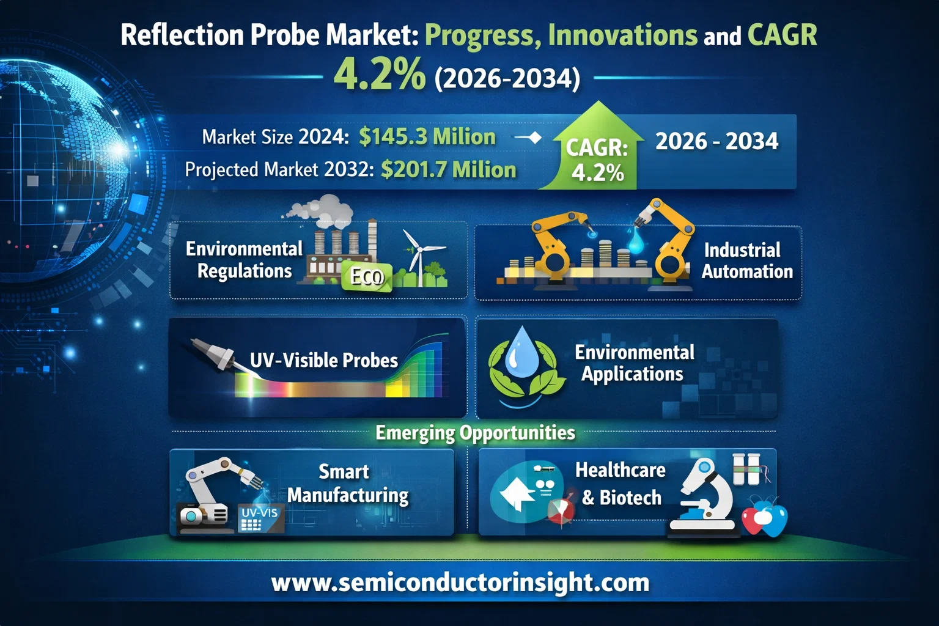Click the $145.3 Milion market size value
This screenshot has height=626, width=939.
coord(427,136)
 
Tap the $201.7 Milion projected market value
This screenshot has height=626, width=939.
coord(448,169)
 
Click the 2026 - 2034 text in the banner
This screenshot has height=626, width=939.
coord(716,141)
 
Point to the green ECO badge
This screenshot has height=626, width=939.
coord(366,277)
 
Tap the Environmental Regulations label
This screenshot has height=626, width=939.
coord(244,260)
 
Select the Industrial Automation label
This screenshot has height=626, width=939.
coord(746,260)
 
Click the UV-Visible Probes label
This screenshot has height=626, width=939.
coord(323,360)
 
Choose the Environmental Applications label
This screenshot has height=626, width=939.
coord(634,363)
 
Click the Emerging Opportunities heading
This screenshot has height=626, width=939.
coord(475,433)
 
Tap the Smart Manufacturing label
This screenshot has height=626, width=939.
coord(347,483)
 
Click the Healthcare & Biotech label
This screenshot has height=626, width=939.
coord(620,484)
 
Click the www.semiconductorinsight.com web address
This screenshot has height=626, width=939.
coord(460,582)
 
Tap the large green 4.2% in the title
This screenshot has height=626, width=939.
coord(379,75)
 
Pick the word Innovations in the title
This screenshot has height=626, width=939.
coord(622,35)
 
